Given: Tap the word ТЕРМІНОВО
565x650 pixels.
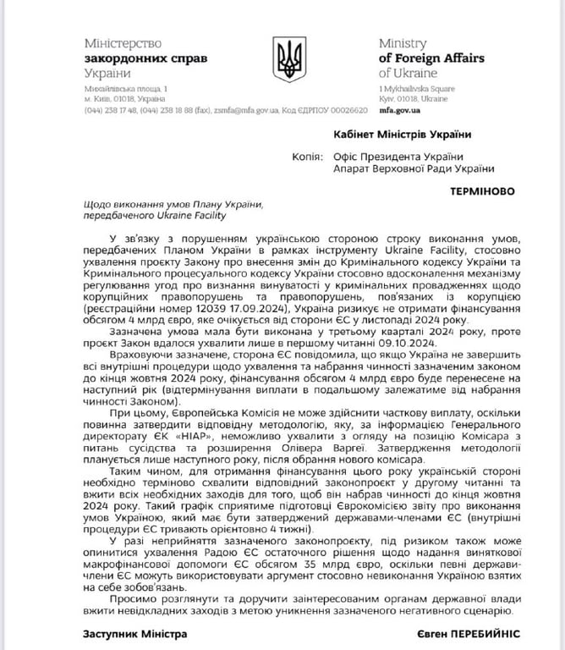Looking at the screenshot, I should pos(480,191).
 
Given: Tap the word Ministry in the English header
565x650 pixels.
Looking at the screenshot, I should pos(404,43).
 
